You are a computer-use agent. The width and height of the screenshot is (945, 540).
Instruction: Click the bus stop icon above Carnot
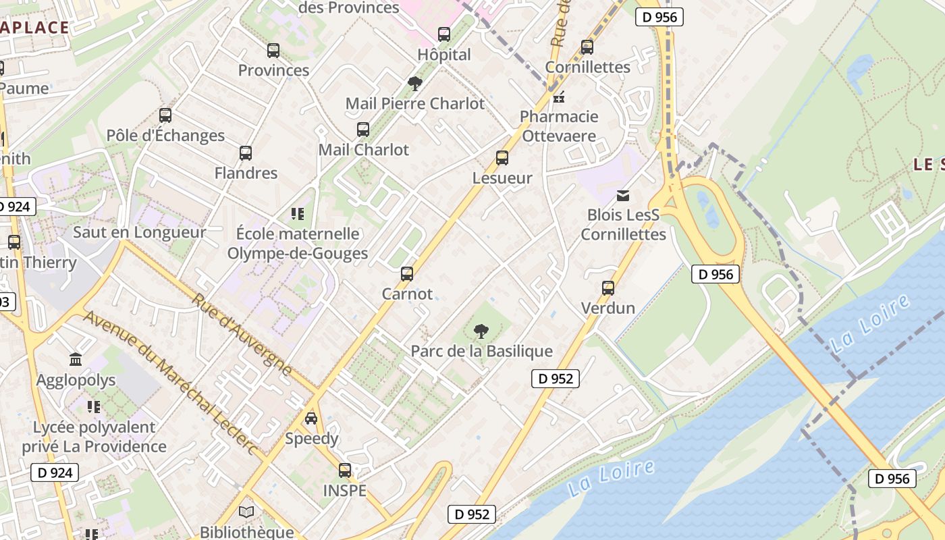[x=406, y=274]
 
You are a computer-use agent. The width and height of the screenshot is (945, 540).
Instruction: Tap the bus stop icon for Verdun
[x=607, y=288]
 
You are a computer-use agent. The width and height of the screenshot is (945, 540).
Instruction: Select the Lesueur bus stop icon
[x=502, y=158]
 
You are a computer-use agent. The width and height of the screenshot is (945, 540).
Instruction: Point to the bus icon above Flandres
[x=246, y=153]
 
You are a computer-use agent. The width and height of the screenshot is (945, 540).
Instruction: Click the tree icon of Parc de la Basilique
[x=481, y=331]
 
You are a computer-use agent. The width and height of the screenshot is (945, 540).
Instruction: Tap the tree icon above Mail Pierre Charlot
[x=415, y=84]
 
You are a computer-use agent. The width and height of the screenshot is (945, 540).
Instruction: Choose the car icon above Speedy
[x=311, y=418]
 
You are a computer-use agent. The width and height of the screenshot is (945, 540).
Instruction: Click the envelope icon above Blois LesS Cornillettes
[x=622, y=196]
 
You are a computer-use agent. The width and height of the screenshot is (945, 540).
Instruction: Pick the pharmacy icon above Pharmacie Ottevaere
[x=558, y=97]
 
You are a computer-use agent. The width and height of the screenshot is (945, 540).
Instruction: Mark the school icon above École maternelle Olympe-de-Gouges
[x=298, y=214]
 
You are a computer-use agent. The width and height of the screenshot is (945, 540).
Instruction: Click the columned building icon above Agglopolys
[x=76, y=360]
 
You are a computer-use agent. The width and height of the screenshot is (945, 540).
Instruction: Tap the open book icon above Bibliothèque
[x=246, y=512]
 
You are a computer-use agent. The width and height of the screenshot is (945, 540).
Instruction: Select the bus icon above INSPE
[x=345, y=470]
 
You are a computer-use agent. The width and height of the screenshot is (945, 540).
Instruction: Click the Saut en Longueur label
[x=140, y=232]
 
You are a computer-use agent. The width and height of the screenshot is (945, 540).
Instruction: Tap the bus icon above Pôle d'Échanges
[x=165, y=115]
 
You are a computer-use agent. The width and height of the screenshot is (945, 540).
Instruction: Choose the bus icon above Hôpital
[x=443, y=34]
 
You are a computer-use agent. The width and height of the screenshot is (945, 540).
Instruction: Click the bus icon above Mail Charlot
[x=363, y=130]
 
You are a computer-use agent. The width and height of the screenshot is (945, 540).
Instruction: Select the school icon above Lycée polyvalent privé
[x=94, y=407]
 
